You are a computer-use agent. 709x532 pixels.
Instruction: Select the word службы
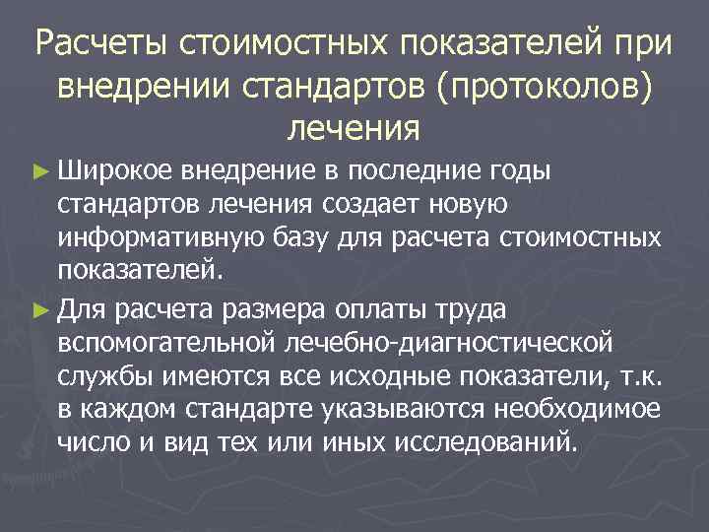(x=104, y=376)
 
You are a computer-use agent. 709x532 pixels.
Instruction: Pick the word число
(x=94, y=443)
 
